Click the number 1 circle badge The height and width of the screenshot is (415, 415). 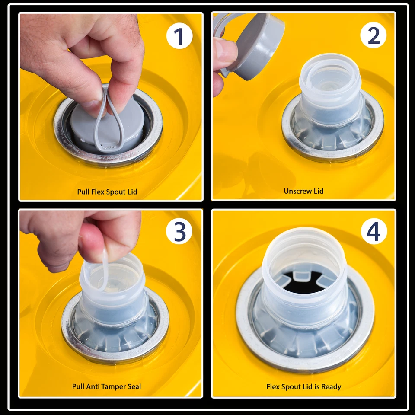(179, 36)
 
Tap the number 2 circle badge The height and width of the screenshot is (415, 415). (373, 35)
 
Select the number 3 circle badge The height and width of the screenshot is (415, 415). (179, 231)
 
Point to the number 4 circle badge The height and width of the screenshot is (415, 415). (374, 231)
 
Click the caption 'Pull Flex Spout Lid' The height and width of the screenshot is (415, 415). (107, 192)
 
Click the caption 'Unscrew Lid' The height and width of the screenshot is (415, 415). (303, 191)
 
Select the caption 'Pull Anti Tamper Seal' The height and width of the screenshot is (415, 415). (107, 386)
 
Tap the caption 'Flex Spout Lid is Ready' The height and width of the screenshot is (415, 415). (303, 387)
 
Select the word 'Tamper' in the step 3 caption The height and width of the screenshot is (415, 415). (114, 387)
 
